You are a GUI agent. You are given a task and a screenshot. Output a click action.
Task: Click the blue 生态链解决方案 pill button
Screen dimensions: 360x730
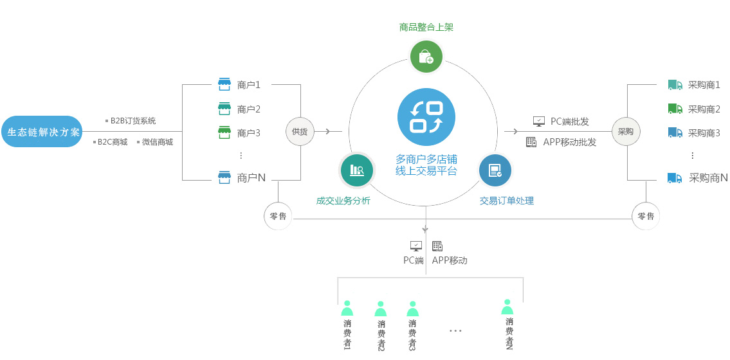[x=43, y=132]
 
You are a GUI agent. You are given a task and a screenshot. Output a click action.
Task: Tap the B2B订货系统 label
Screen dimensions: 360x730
[x=132, y=121]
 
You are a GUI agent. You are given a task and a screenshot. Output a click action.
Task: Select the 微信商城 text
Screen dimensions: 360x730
[x=157, y=142]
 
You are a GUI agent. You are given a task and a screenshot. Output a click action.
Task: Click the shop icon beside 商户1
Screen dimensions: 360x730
[x=224, y=84]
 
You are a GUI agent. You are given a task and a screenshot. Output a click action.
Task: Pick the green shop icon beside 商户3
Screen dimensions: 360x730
[x=224, y=133]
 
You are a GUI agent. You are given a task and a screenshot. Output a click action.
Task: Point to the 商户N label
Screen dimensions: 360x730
[x=251, y=178]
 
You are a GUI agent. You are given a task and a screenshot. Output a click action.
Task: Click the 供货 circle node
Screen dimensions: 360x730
[x=300, y=132]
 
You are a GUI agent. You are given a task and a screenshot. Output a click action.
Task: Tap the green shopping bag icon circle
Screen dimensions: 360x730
[x=426, y=57]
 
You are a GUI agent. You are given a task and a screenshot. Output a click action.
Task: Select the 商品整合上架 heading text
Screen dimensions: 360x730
[x=426, y=27]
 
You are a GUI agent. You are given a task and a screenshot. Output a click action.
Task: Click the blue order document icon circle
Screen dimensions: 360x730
[x=495, y=170]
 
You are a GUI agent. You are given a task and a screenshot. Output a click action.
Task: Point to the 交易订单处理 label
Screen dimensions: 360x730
[x=507, y=201]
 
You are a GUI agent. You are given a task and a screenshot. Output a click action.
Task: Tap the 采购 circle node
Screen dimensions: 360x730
[x=626, y=132]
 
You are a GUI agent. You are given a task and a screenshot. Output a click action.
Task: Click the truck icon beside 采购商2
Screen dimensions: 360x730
[x=675, y=109]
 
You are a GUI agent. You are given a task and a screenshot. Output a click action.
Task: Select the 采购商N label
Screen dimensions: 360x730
[x=708, y=178]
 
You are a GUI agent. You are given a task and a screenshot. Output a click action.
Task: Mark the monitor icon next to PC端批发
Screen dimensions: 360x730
[x=539, y=121]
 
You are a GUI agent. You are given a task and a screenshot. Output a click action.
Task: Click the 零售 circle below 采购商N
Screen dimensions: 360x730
[x=646, y=217]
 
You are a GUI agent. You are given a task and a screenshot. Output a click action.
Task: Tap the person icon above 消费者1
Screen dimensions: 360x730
[x=347, y=308]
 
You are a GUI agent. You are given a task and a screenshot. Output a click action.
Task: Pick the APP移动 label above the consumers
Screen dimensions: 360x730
[x=450, y=260]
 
